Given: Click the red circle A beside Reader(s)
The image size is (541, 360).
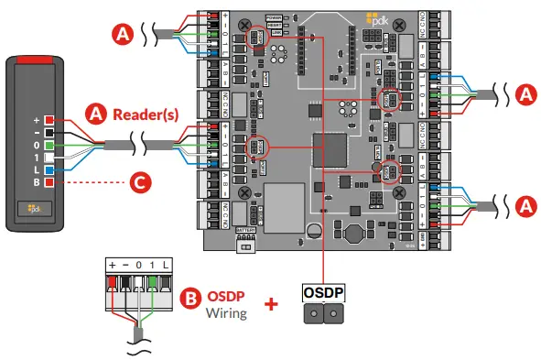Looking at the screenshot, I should pyautogui.click(x=95, y=114).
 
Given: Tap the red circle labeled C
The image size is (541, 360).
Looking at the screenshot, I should pyautogui.click(x=138, y=182).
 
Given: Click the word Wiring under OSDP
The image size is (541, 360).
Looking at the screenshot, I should pyautogui.click(x=227, y=313).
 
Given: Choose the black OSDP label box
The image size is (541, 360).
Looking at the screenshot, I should pyautogui.click(x=324, y=291).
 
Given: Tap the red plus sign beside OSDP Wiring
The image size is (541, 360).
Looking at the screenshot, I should pyautogui.click(x=271, y=303).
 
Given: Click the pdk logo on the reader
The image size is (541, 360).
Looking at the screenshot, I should pyautogui.click(x=36, y=209).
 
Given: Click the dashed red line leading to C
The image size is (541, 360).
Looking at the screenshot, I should pyautogui.click(x=92, y=182).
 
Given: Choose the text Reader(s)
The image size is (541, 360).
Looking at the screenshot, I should pyautogui.click(x=145, y=115).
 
